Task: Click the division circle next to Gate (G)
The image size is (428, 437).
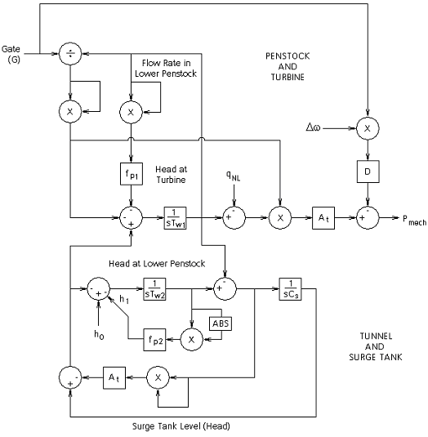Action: pyautogui.click(x=71, y=52)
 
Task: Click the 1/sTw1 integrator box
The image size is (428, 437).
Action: pyautogui.click(x=176, y=218)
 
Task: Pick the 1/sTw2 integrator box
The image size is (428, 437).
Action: pyautogui.click(x=154, y=289)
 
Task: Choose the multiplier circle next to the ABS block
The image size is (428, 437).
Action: pyautogui.click(x=193, y=337)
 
